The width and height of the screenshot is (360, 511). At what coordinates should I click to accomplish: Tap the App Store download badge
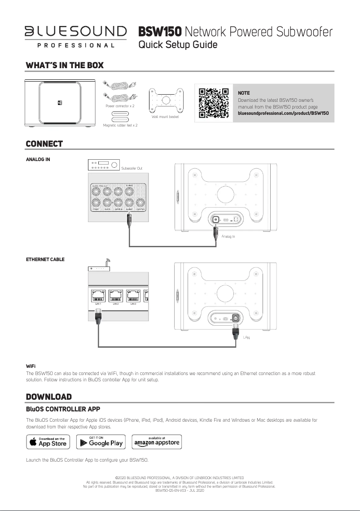pyautogui.click(x=48, y=441)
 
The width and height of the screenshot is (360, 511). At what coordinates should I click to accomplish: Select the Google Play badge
pyautogui.click(x=100, y=441)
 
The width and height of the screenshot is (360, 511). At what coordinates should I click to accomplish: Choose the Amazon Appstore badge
pyautogui.click(x=157, y=441)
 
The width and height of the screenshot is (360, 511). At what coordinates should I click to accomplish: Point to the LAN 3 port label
pyautogui.click(x=133, y=304)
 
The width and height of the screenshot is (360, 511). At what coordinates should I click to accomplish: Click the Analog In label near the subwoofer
pyautogui.click(x=228, y=236)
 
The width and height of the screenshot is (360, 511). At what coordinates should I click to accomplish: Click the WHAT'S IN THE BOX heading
pyautogui.click(x=65, y=66)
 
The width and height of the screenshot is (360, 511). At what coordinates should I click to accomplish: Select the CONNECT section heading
pyautogui.click(x=44, y=144)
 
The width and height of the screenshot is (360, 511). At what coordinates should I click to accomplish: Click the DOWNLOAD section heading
pyautogui.click(x=49, y=397)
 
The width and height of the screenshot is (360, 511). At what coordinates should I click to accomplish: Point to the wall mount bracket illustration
pyautogui.click(x=166, y=100)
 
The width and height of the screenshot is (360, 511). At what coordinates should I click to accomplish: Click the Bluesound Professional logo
pyautogui.click(x=75, y=36)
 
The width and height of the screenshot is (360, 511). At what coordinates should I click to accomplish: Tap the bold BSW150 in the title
pyautogui.click(x=160, y=32)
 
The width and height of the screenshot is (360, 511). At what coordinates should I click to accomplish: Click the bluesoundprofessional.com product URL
pyautogui.click(x=283, y=113)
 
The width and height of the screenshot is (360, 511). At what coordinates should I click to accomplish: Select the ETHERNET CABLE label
pyautogui.click(x=45, y=259)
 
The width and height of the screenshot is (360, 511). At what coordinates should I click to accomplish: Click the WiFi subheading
pyautogui.click(x=31, y=367)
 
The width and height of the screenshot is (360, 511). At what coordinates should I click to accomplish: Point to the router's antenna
pyautogui.click(x=107, y=263)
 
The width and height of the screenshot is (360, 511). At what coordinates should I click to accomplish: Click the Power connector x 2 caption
pyautogui.click(x=120, y=106)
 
